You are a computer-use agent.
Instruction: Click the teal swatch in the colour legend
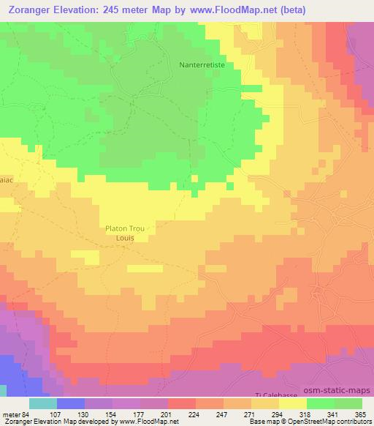point(43,403)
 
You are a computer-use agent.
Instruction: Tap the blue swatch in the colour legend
point(71,403)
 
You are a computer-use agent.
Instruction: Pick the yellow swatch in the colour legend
point(292,403)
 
